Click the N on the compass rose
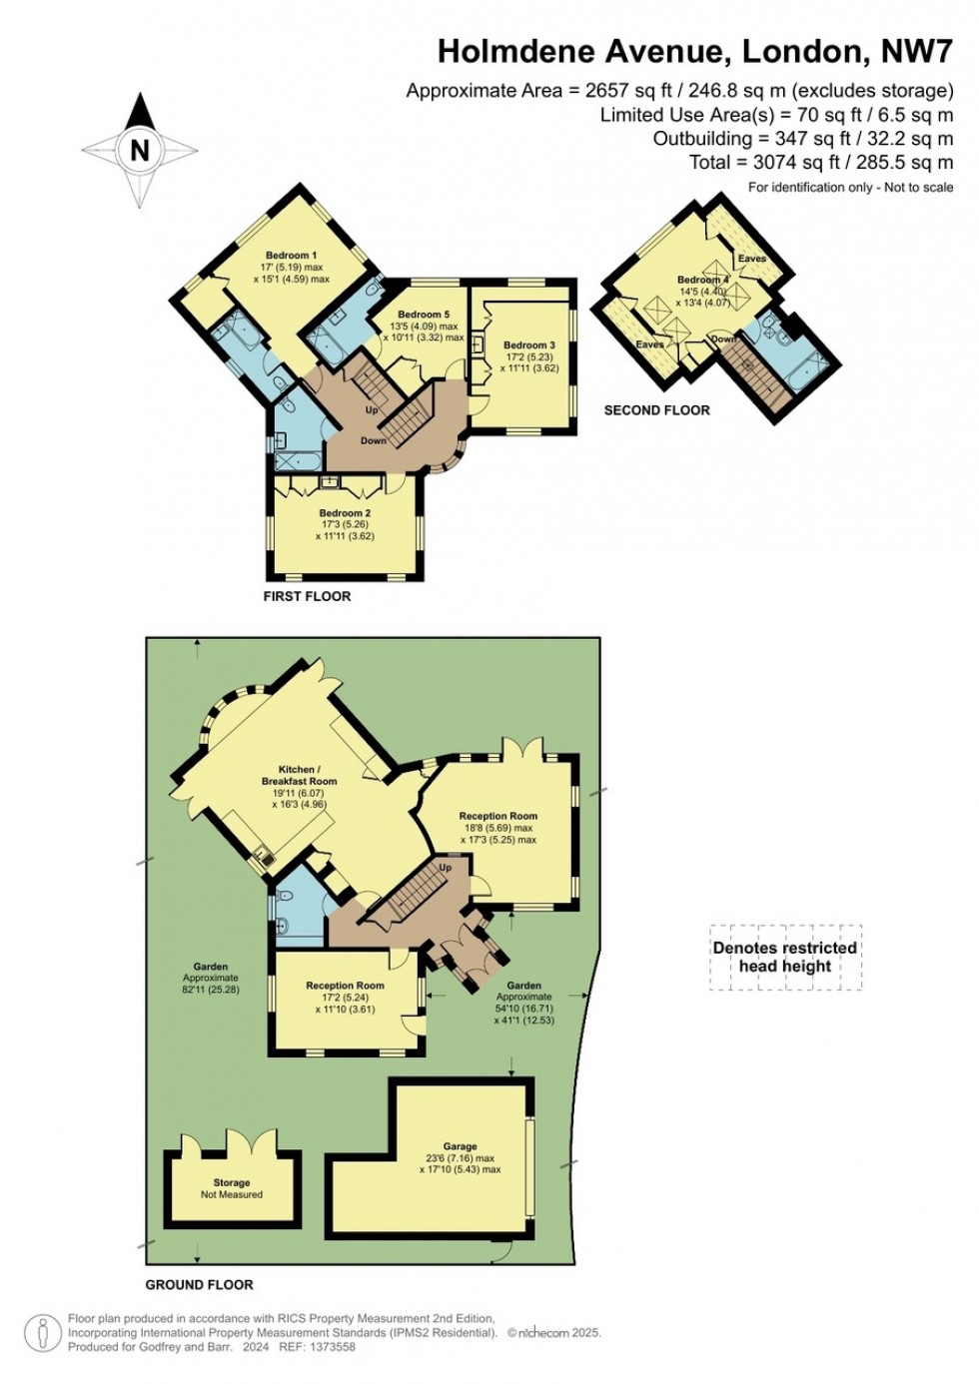pyautogui.click(x=140, y=150)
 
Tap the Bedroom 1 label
pyautogui.click(x=291, y=256)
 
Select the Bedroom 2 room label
pyautogui.click(x=345, y=513)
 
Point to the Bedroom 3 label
pyautogui.click(x=529, y=346)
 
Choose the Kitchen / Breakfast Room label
pyautogui.click(x=299, y=775)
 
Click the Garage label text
pyautogui.click(x=460, y=1146)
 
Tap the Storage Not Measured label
pyautogui.click(x=232, y=1188)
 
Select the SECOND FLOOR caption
pyautogui.click(x=656, y=410)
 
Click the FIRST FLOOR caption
pyautogui.click(x=307, y=596)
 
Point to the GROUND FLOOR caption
pyautogui.click(x=200, y=1284)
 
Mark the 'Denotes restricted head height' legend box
pyautogui.click(x=785, y=957)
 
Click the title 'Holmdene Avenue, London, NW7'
pyautogui.click(x=695, y=51)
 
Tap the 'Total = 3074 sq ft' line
pyautogui.click(x=821, y=162)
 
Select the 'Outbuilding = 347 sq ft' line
pyautogui.click(x=803, y=139)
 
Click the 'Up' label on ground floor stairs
pyautogui.click(x=446, y=868)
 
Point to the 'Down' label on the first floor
pyautogui.click(x=373, y=440)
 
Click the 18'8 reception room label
pyautogui.click(x=497, y=816)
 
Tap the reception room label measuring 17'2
pyautogui.click(x=345, y=986)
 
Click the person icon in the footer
pyautogui.click(x=42, y=1333)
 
